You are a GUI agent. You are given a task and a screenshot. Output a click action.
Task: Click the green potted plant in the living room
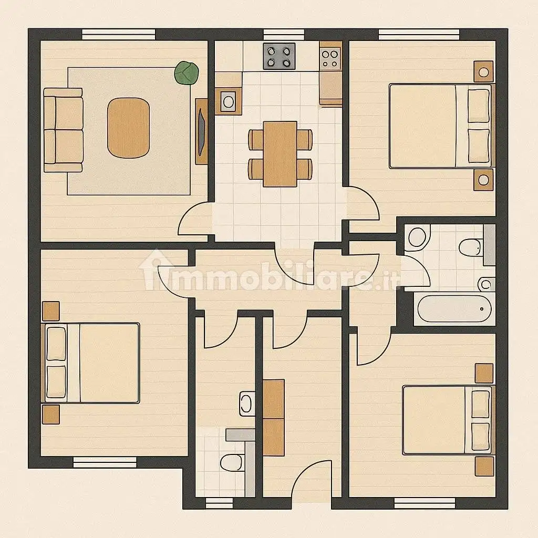click(187, 73)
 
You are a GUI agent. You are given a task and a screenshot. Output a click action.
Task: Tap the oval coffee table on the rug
click(128, 128)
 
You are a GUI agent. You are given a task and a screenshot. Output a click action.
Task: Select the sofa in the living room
click(64, 130)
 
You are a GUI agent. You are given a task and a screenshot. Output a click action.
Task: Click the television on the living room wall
click(201, 131)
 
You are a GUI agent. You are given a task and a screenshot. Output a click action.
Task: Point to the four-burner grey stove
click(280, 56)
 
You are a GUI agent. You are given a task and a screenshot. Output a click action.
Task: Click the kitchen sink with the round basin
click(228, 101)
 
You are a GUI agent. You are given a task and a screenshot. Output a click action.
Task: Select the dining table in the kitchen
click(280, 154)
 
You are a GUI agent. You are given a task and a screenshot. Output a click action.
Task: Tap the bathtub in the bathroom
click(454, 308)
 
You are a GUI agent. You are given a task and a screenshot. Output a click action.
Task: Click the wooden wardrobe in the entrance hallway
click(273, 418)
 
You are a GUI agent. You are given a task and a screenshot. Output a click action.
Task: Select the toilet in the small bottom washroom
click(232, 463)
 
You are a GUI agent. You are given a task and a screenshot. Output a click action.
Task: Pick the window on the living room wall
click(118, 35)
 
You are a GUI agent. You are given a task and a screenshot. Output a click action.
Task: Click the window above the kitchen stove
click(284, 35)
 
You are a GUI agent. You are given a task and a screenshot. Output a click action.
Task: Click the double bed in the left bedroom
click(90, 363)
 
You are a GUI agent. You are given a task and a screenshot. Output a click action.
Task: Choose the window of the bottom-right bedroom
click(425, 503)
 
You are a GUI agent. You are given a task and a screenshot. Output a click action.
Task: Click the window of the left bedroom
click(105, 462)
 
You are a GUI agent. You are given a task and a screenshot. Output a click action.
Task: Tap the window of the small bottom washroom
click(219, 503)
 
